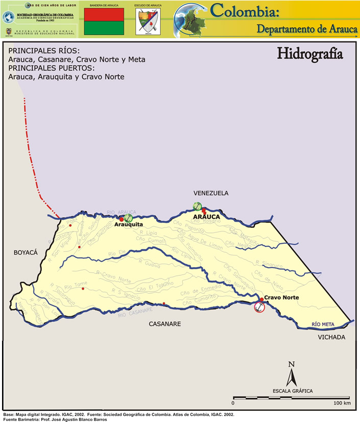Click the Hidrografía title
(x=309, y=54)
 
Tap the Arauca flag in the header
(x=104, y=21)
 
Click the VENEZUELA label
(x=211, y=193)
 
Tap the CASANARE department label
(x=164, y=324)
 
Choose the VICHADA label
(x=331, y=337)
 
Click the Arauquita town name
(x=128, y=224)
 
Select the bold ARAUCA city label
(x=206, y=217)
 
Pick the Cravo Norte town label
(x=281, y=297)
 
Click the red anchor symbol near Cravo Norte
(x=259, y=307)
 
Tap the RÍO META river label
(x=323, y=324)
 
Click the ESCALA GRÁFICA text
(x=293, y=391)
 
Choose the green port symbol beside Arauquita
(x=128, y=218)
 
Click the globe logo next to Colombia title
(x=189, y=19)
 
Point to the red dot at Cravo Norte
(x=261, y=300)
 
